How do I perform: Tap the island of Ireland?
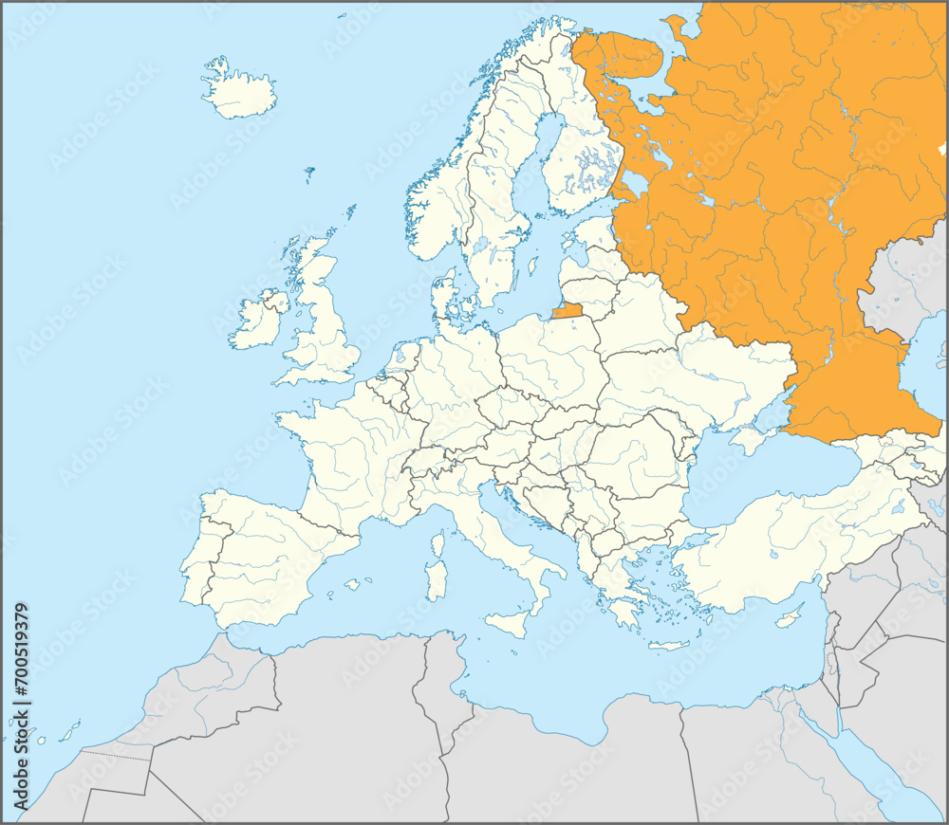(x=256, y=321)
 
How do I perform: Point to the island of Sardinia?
(x=436, y=579)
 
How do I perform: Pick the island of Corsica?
(x=438, y=543)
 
